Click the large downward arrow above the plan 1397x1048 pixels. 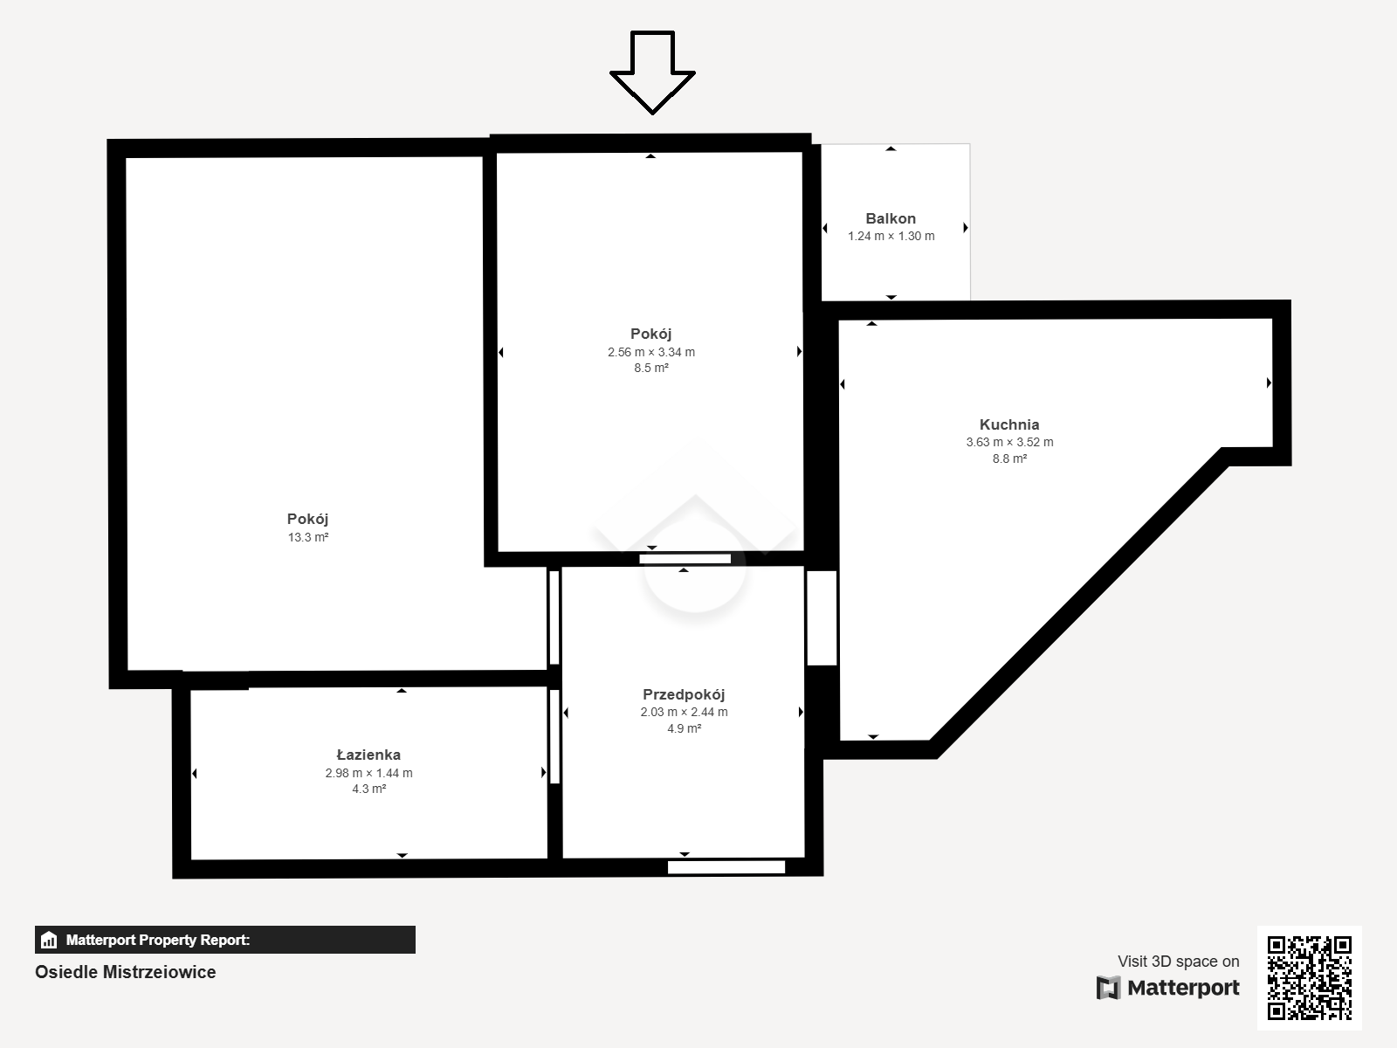point(652,72)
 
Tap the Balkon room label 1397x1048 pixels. point(891,218)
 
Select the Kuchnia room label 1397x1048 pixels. point(1008,424)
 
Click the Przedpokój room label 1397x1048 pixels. point(684,694)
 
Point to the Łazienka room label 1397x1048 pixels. point(368,755)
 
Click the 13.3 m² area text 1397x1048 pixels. point(308,537)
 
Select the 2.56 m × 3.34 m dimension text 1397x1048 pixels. point(651,352)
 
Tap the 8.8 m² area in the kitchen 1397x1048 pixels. point(1009,458)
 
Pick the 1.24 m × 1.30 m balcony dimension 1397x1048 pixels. point(891,236)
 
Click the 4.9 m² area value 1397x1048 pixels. point(685,728)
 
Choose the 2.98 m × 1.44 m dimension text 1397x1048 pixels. point(368,773)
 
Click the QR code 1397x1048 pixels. point(1309,977)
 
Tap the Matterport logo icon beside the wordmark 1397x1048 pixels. point(1108,988)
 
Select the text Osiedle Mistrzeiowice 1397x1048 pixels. point(126,972)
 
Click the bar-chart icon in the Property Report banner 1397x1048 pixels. point(49,940)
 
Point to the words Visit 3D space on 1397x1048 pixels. point(1178,962)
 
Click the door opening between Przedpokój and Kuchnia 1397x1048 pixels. point(822,617)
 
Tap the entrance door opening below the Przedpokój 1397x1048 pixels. point(726,866)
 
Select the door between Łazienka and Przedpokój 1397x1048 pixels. point(554,736)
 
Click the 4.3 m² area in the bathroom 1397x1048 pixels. point(369,789)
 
